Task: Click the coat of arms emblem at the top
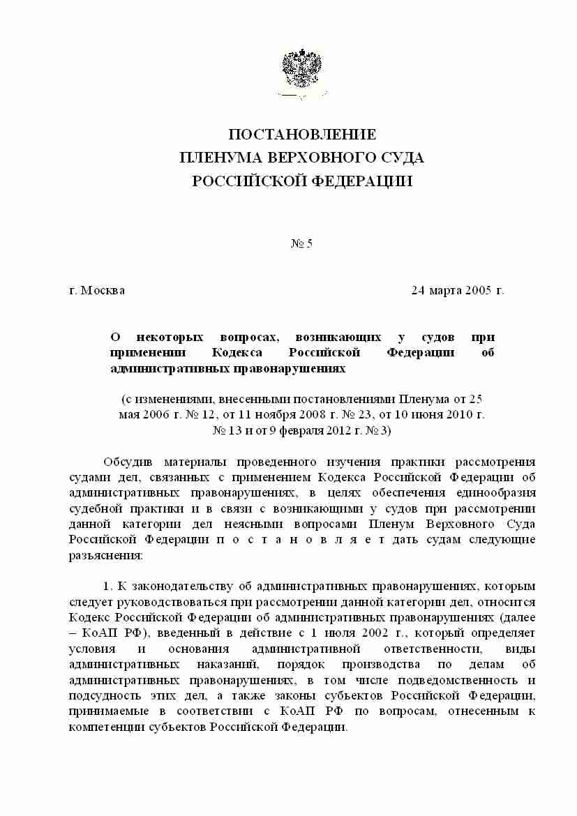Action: coord(301,72)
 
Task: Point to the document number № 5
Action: coord(301,243)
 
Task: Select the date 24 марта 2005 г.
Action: coord(457,290)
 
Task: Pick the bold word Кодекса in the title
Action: coord(239,352)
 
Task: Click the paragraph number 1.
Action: coord(107,586)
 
